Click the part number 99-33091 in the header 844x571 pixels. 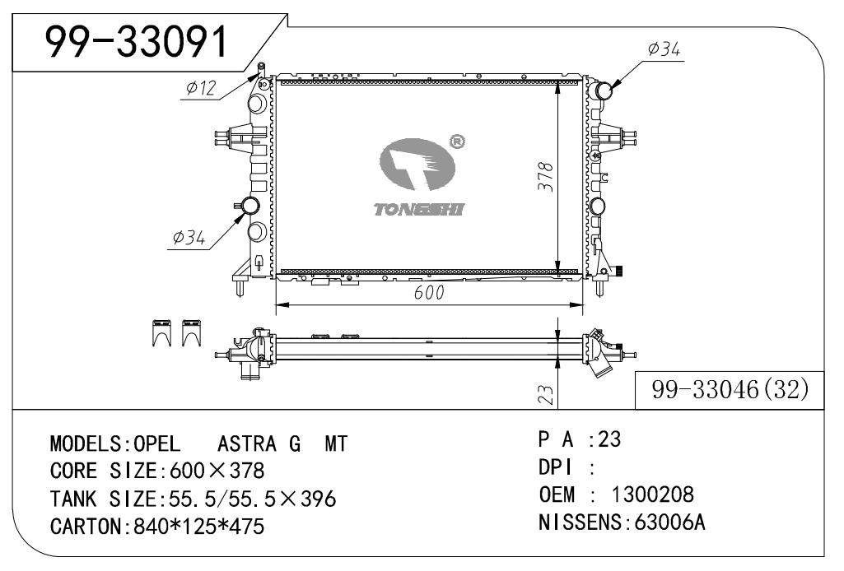[x=137, y=41]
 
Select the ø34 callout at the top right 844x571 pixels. [x=664, y=49]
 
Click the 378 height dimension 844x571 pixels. [x=545, y=176]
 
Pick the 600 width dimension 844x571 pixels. [x=429, y=292]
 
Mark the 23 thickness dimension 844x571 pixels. [x=545, y=394]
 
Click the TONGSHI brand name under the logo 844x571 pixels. [x=419, y=209]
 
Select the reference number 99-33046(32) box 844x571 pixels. [x=730, y=389]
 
